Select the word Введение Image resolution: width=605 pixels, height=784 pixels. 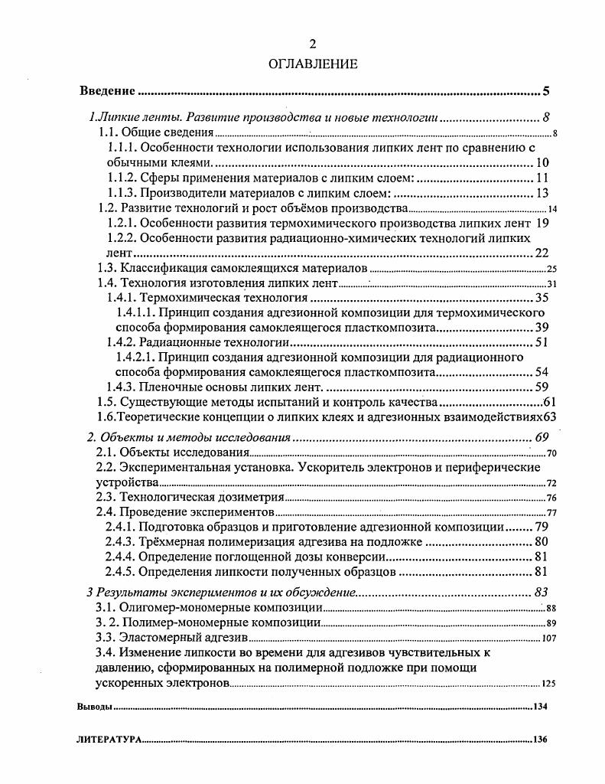click(x=108, y=92)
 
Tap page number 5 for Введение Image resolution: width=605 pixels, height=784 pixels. click(x=546, y=92)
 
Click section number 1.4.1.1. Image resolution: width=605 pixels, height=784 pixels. click(x=135, y=313)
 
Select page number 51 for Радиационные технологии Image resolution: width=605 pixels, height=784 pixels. click(x=542, y=342)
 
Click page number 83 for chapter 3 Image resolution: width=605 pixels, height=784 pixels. click(x=542, y=592)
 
